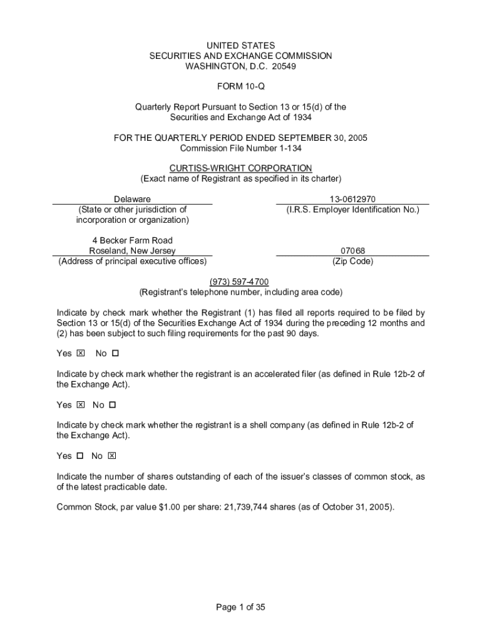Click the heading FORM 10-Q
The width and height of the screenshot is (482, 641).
coord(240,86)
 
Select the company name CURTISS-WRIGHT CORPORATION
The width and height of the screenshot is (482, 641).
coord(240,168)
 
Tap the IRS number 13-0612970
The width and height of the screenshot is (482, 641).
coord(352,199)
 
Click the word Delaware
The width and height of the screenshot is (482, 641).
coord(132,199)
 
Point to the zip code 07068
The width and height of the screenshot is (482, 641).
coord(352,251)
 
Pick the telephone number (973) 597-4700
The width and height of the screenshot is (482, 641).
coord(240,282)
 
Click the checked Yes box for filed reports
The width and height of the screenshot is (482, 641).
coord(80,354)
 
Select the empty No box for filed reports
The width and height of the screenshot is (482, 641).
coord(115,354)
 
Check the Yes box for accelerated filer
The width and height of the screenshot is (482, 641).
coord(80,405)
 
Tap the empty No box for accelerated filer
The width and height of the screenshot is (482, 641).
coord(113,405)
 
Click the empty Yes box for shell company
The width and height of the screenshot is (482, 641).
coord(79,456)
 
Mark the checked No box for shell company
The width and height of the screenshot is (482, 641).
coord(112,456)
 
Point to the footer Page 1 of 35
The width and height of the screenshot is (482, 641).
coord(240,607)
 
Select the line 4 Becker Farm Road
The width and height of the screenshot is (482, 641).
coord(132,240)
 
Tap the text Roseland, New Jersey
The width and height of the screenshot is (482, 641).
coord(132,251)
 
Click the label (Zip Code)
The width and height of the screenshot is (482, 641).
coord(352,262)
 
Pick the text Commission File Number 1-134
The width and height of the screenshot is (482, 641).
coord(240,148)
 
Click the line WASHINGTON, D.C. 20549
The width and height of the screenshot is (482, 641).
coord(240,66)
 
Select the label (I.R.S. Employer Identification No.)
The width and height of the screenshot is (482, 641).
coord(352,210)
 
